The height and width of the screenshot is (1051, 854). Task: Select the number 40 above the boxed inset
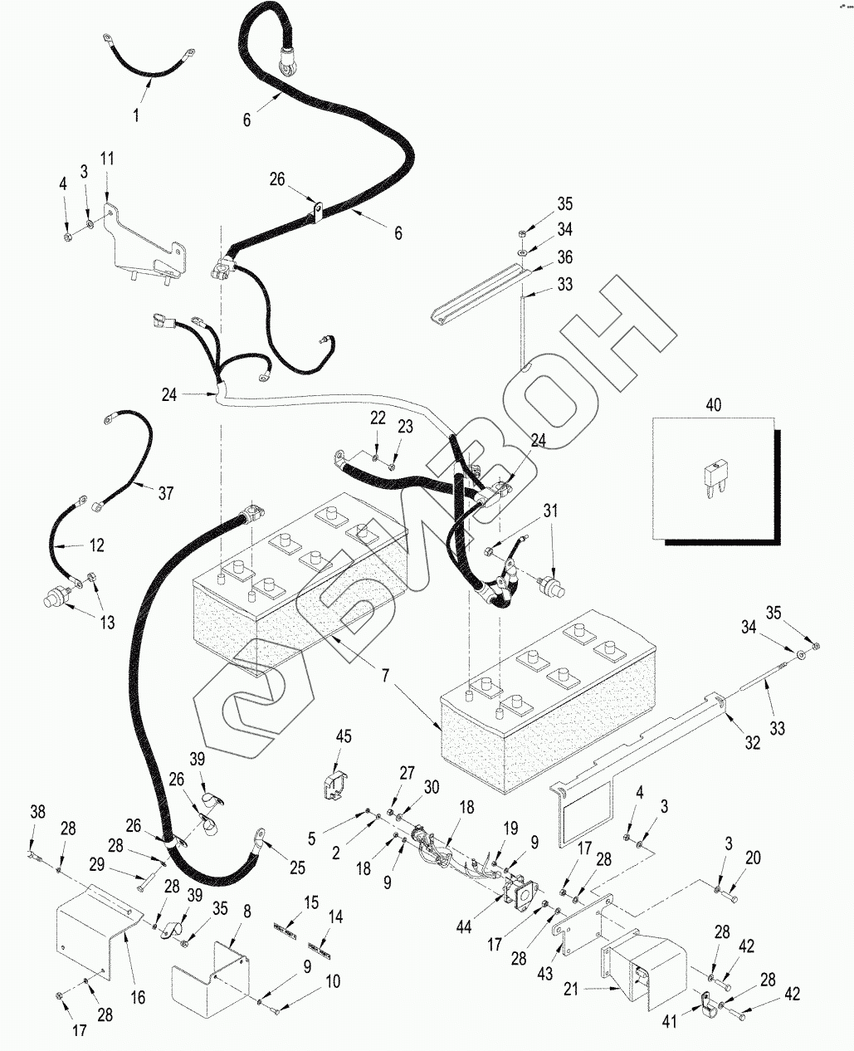coord(713,406)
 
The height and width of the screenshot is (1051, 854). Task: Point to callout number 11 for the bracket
coord(108,159)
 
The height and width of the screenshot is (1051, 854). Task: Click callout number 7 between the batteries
coord(384,677)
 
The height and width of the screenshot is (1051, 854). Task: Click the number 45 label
coord(344,737)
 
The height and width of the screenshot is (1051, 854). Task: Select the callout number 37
coord(166,493)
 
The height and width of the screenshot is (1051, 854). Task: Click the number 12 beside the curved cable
coord(97,545)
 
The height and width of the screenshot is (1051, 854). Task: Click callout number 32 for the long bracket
coord(752,744)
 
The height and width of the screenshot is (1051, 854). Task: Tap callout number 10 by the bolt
coord(332,982)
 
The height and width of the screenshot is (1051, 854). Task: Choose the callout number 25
coord(296,868)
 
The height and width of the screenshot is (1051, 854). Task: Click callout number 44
coord(464,926)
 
